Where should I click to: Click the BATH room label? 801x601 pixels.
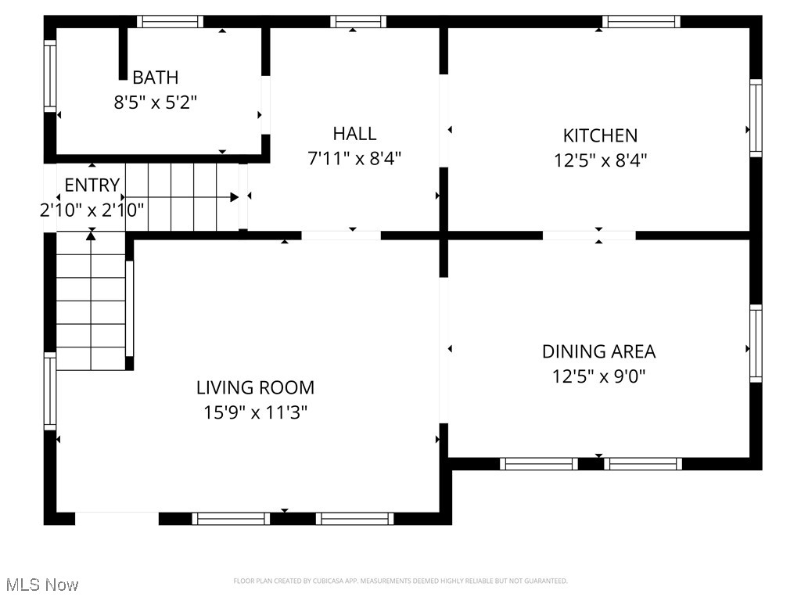(156, 77)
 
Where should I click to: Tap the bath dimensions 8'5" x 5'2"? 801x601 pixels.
(156, 103)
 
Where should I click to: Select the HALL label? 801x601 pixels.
(354, 134)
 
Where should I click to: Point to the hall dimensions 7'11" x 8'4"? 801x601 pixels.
(354, 158)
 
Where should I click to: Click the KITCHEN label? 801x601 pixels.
(600, 136)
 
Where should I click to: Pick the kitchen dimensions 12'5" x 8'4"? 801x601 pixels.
(600, 160)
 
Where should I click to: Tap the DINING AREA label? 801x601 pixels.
(598, 351)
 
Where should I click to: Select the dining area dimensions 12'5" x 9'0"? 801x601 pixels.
(598, 376)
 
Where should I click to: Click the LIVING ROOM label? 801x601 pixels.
(256, 387)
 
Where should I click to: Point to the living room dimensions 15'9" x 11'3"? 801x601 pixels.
(256, 412)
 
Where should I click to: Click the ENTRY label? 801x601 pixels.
(92, 185)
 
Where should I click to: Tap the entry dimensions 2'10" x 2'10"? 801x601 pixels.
(92, 210)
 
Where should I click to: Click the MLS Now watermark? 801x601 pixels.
(42, 585)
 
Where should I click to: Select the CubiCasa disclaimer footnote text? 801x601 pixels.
(400, 581)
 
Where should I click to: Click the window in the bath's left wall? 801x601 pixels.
(49, 76)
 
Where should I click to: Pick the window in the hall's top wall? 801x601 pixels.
(358, 21)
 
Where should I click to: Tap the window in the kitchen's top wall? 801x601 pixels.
(641, 21)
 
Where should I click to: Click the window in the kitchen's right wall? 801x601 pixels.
(756, 118)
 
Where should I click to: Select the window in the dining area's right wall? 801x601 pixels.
(756, 344)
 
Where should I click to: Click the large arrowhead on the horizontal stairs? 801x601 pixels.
(235, 197)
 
